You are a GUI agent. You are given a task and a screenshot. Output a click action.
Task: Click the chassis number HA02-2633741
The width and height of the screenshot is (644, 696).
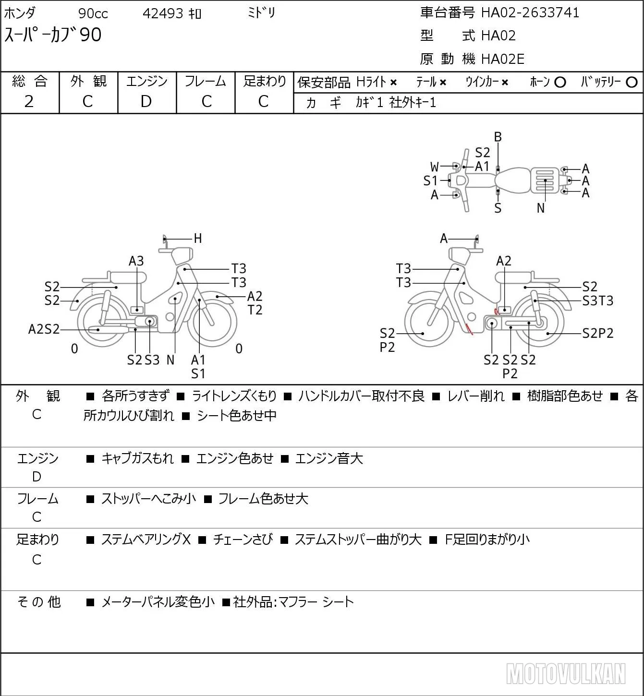[530, 12]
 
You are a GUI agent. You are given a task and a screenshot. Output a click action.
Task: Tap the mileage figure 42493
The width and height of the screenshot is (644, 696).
[163, 13]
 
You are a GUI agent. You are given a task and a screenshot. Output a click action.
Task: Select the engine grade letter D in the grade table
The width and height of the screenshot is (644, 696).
[146, 101]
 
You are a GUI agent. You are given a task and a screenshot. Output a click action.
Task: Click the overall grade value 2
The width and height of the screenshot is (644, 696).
[29, 101]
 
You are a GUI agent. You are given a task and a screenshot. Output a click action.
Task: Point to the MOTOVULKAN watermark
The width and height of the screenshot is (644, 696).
[566, 673]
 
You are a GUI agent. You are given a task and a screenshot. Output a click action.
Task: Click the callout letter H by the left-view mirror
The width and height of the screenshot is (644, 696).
[198, 238]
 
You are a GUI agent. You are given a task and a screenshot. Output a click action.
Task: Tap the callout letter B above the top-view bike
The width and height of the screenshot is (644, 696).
[498, 137]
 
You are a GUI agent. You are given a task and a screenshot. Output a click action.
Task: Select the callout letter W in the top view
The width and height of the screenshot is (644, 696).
[434, 167]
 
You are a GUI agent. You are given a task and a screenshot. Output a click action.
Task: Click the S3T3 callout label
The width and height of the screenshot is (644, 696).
[598, 300]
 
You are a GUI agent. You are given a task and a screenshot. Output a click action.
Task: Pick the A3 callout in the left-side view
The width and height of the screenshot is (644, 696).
[136, 261]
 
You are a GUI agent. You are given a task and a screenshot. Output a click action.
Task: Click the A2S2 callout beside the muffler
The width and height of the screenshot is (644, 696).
[44, 329]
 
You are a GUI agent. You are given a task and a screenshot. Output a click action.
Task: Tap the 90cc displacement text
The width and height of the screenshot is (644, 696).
[93, 13]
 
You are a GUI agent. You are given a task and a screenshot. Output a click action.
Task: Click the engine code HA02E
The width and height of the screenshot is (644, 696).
[503, 59]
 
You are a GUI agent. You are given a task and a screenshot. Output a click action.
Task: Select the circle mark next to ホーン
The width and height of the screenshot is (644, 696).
[560, 82]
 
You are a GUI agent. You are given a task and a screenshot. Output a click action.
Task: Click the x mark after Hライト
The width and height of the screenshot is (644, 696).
[394, 83]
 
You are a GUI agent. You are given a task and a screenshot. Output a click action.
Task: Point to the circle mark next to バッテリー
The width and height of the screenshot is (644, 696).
[632, 82]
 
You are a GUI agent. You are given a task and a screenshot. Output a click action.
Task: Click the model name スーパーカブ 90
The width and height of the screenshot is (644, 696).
[53, 35]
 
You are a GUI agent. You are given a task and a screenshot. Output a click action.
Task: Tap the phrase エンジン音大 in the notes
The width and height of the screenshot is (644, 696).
[329, 458]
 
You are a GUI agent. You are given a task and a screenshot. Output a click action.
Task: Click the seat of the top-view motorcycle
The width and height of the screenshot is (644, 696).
[512, 180]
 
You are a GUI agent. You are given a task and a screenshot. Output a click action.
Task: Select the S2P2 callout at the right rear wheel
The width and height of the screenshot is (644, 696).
[598, 333]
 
